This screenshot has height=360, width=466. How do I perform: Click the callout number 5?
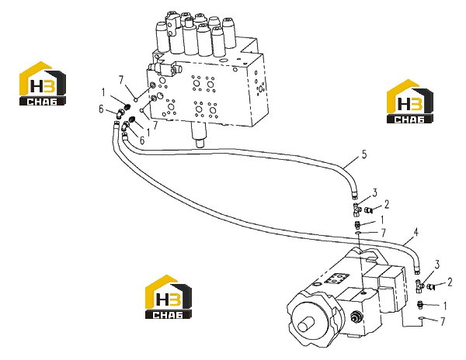click(364, 154)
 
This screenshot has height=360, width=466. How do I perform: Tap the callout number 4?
click(416, 233)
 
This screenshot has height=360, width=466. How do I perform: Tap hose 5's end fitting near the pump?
click(354, 196)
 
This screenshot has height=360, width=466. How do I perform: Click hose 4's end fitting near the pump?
click(417, 270)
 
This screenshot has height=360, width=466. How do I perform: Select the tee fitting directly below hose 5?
click(356, 209)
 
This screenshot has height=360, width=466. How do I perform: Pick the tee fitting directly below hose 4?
click(419, 286)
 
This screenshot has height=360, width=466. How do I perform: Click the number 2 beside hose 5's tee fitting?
click(386, 205)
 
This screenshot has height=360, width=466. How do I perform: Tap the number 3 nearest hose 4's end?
click(436, 265)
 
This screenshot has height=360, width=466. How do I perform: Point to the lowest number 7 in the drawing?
click(443, 321)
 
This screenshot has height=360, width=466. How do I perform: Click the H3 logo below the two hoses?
click(169, 297)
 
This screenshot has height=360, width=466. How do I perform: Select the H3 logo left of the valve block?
click(43, 83)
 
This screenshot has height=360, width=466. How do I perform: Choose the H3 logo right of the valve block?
click(409, 101)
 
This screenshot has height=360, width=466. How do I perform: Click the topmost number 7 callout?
click(120, 80)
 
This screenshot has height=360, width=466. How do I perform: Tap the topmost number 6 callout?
click(101, 109)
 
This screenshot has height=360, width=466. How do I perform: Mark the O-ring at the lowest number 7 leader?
click(421, 318)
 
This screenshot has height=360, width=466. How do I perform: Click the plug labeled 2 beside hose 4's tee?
click(430, 286)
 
